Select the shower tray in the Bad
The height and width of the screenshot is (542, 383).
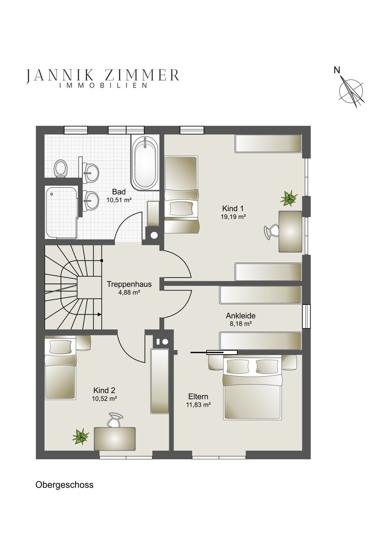[x=61, y=212]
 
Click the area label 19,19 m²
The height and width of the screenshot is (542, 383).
[x=233, y=217]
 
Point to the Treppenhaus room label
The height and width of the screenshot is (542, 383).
[x=129, y=284]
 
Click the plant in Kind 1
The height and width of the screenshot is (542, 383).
[x=289, y=198]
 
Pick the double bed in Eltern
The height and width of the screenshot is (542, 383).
[x=253, y=388]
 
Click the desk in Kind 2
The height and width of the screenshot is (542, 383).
[x=115, y=439]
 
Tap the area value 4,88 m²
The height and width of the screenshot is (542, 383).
[x=129, y=292]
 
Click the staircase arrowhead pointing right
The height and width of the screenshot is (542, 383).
[x=99, y=314]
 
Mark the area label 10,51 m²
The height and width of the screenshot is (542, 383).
[x=119, y=200]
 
